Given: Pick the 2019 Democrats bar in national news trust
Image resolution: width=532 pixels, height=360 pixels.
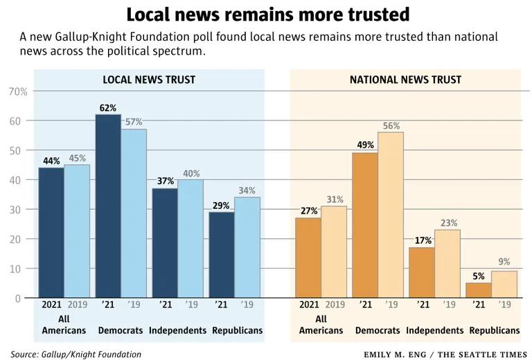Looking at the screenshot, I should coord(391,215).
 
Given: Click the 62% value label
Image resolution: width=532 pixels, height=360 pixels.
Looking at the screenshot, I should coord(108,108).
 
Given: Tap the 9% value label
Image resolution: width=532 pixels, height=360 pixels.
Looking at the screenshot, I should coord(504,262).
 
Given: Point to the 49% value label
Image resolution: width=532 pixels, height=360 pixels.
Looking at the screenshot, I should coord(366,145).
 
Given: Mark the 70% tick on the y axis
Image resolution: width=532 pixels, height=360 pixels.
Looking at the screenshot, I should coord(17,91).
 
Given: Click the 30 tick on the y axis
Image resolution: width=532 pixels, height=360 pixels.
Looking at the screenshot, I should coord(21,209).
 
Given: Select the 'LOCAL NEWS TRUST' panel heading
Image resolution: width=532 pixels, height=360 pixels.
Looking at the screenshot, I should coord(149,80).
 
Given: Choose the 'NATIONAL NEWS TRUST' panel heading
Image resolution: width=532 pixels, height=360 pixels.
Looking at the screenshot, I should coord(405,80).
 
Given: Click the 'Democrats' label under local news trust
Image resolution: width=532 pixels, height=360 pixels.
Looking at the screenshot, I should coord(121,330).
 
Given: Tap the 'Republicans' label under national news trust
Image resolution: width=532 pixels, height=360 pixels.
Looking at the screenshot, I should coord(495,330).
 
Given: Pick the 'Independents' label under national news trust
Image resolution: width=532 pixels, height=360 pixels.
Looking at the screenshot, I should coord(434,330).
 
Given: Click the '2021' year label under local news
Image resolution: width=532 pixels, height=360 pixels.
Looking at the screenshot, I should coord(51,304).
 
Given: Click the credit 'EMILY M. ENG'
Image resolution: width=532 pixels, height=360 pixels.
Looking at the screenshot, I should coord(396,354).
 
